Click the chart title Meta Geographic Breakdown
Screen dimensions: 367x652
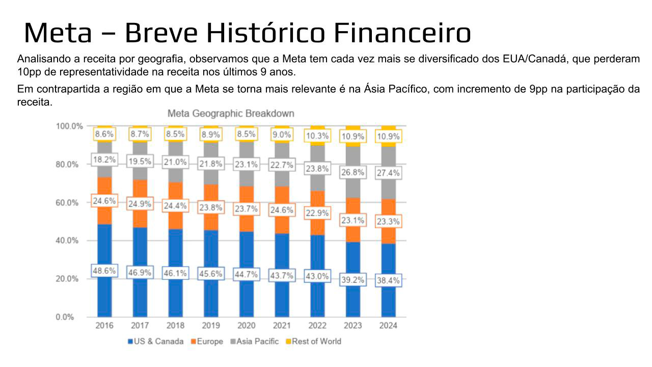(231, 113)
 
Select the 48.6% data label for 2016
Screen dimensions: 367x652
(104, 271)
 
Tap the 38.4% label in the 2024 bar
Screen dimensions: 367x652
(389, 280)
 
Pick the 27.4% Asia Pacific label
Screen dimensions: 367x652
(389, 173)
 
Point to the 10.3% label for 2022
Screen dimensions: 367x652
(317, 136)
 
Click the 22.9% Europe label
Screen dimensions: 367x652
(317, 213)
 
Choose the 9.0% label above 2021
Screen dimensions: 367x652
(282, 135)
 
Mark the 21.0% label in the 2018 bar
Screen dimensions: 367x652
(175, 163)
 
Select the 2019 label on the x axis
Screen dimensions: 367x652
(211, 326)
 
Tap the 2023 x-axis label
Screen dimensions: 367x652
(353, 326)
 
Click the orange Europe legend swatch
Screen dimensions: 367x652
(194, 342)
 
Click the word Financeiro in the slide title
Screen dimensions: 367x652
(402, 33)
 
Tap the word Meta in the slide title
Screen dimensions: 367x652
(58, 33)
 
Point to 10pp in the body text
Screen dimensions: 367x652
(26, 71)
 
